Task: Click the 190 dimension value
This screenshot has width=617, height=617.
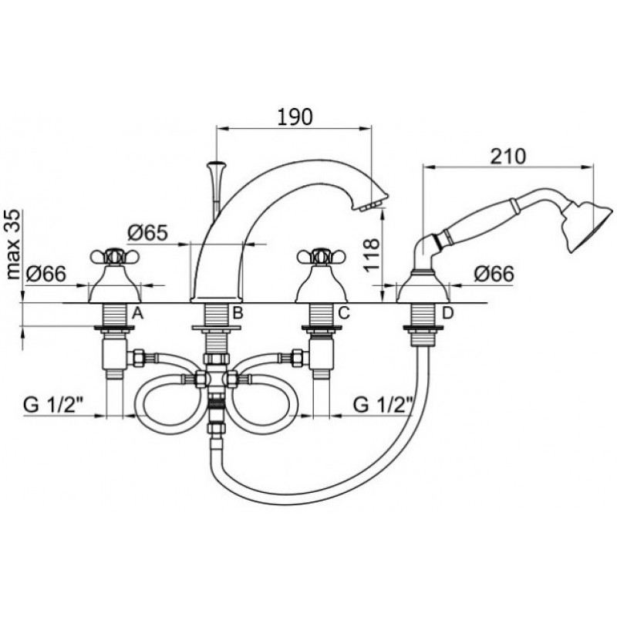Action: point(295,116)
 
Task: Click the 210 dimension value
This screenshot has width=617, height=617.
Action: point(507,157)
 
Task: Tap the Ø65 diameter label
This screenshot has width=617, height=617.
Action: point(147,234)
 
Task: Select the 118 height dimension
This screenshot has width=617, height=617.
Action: point(372,255)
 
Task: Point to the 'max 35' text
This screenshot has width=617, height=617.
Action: point(13,244)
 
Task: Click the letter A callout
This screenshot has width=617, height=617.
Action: point(137,313)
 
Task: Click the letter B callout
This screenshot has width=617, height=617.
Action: point(238,313)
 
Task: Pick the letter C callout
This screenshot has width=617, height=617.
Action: point(343,313)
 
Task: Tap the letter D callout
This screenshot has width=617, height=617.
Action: point(448,313)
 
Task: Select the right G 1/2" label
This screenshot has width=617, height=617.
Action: point(383,405)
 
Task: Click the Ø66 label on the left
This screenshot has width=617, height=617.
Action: point(46,274)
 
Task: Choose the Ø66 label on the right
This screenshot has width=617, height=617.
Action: point(494,274)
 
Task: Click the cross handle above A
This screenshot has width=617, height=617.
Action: point(115,257)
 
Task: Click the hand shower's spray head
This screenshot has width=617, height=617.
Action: point(587,227)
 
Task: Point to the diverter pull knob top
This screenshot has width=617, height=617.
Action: point(217,163)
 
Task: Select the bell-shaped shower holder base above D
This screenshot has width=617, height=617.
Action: point(422,287)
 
